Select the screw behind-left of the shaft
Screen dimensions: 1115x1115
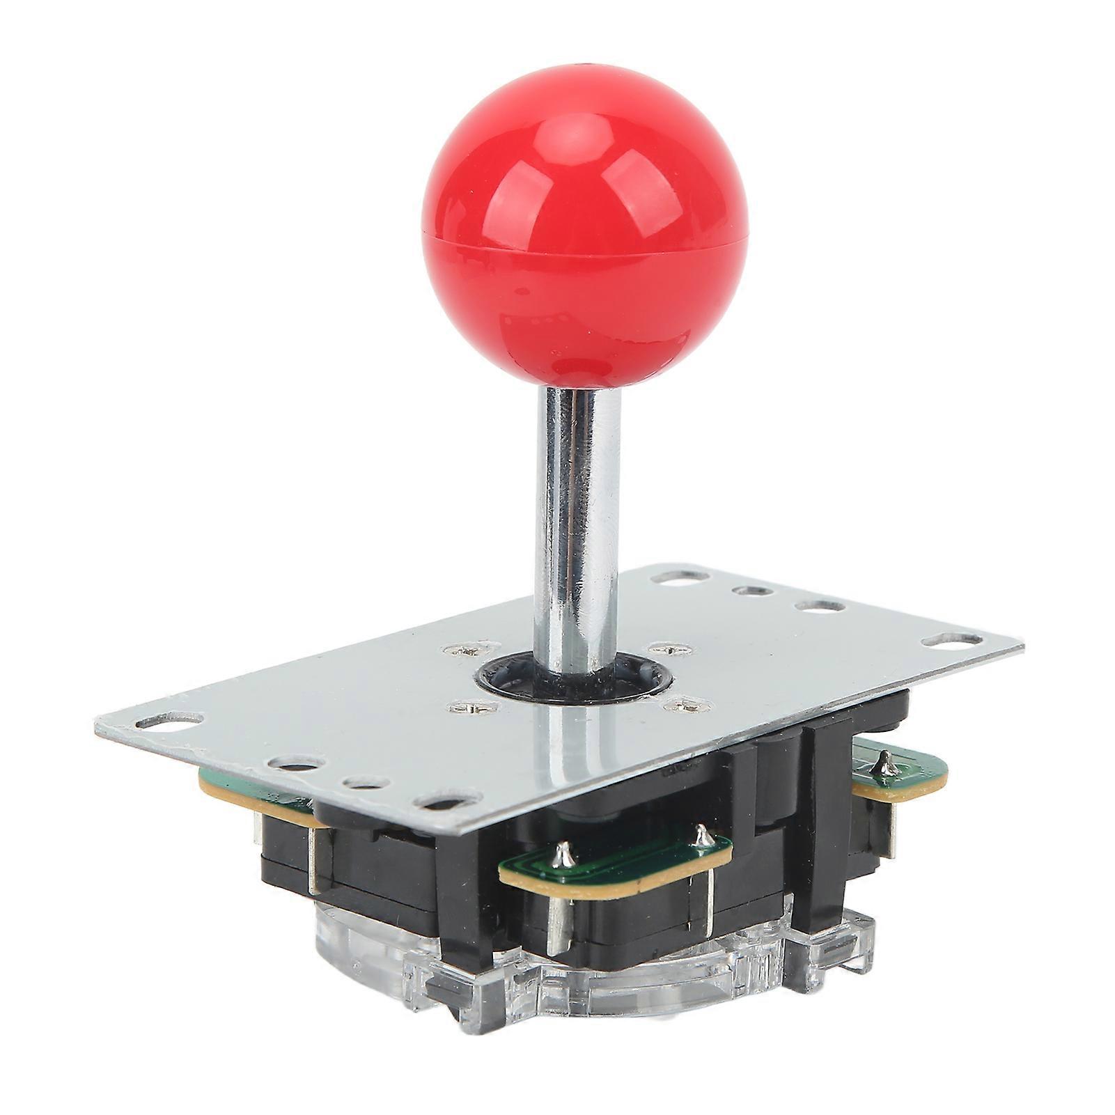coord(465,652)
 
